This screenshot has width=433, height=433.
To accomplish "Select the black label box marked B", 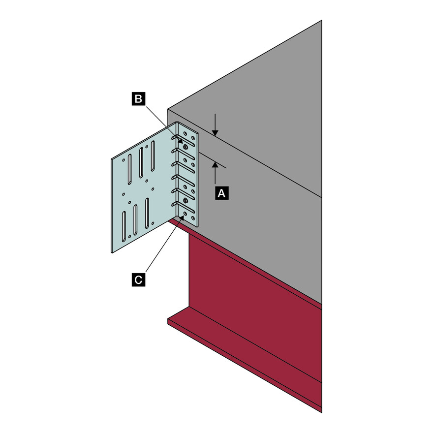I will (139, 99).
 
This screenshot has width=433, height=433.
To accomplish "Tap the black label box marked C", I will (139, 280).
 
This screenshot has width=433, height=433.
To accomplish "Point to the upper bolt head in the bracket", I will (185, 147).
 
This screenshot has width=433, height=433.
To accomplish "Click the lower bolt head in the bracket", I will (186, 200).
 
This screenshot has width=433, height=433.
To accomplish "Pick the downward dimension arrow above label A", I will (215, 130).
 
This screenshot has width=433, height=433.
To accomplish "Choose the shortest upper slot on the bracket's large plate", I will (129, 168).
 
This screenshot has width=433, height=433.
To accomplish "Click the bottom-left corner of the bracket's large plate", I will (112, 251).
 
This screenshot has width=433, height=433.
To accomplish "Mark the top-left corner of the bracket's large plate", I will (112, 158).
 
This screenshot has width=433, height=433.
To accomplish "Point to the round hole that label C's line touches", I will (185, 214).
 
